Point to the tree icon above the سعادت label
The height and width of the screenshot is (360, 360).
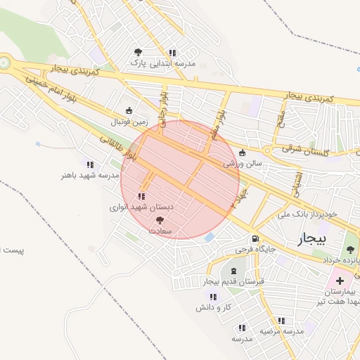coord(156,220)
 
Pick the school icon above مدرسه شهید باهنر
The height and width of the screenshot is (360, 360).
coord(90,164)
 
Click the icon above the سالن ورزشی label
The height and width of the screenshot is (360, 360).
coord(243,153)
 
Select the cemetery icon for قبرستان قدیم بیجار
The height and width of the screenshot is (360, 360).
coord(233,271)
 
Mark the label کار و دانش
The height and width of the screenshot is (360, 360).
coord(214,307)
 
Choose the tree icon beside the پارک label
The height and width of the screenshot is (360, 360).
coord(137,52)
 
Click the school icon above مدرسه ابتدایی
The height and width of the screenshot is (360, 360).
coord(172,52)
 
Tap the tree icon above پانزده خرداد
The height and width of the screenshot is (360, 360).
coord(351,250)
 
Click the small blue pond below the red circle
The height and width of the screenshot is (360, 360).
coord(210,238)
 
